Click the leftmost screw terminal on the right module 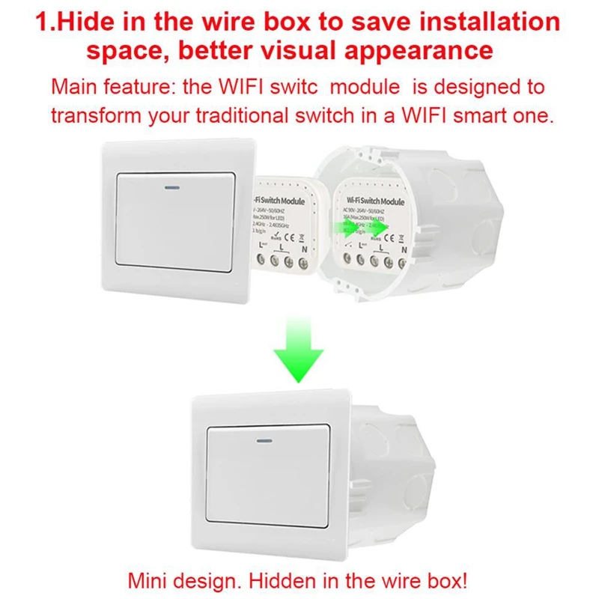point(346,261)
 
